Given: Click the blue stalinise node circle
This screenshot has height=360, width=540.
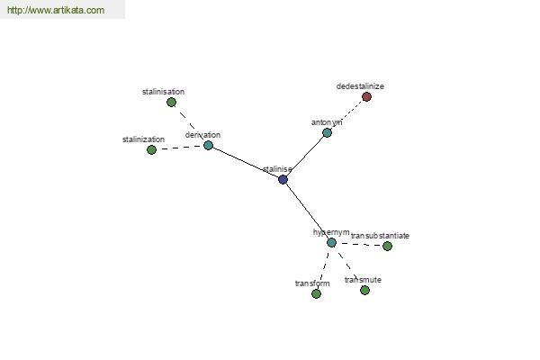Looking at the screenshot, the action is [283, 179].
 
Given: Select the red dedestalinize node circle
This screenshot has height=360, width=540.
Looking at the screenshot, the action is [367, 97].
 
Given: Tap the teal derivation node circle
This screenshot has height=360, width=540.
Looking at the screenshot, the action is [209, 146].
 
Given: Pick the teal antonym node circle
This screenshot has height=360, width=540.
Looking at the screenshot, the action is [327, 132].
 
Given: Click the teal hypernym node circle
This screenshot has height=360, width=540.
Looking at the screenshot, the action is [331, 242].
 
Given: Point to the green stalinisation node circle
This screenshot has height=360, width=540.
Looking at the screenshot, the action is [172, 103].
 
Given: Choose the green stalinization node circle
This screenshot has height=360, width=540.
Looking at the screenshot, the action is [151, 150].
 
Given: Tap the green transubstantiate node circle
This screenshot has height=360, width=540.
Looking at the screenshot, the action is [387, 246].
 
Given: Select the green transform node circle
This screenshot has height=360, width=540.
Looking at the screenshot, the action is [316, 294].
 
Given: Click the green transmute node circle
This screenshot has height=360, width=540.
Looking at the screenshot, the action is [365, 291].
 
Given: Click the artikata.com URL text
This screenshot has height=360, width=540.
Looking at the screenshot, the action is [56, 10].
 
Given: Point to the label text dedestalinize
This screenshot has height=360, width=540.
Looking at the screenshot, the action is [360, 86].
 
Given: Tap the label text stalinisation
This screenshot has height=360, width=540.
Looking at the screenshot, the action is [163, 92].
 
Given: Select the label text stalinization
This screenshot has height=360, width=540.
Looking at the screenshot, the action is [144, 139].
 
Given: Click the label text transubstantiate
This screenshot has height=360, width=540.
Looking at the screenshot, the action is [380, 236].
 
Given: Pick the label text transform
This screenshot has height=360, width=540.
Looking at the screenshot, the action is [312, 283].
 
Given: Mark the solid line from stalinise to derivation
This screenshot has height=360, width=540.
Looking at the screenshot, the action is [246, 163].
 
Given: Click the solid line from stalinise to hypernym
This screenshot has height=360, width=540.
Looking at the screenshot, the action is [307, 211].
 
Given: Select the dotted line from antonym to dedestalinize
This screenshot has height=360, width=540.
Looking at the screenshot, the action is [346, 114].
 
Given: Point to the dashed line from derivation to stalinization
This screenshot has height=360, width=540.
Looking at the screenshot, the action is [180, 148].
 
